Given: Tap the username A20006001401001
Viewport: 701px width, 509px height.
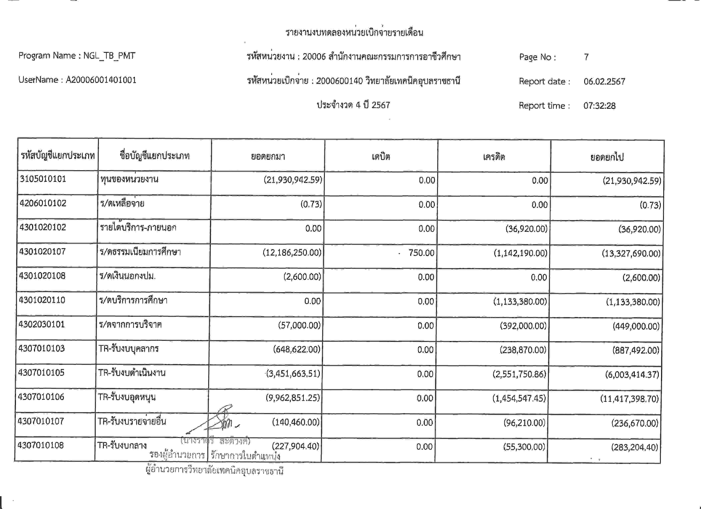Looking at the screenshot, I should coord(101,80).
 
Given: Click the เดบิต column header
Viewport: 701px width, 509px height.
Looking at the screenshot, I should coord(381,156).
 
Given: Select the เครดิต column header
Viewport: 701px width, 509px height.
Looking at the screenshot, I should coord(494,157).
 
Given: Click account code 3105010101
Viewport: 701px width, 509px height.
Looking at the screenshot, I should coord(43,179).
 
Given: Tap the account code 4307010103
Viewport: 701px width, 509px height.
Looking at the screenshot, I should coord(41,348).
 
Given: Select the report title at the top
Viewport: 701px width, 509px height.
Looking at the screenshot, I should coord(354,32).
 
